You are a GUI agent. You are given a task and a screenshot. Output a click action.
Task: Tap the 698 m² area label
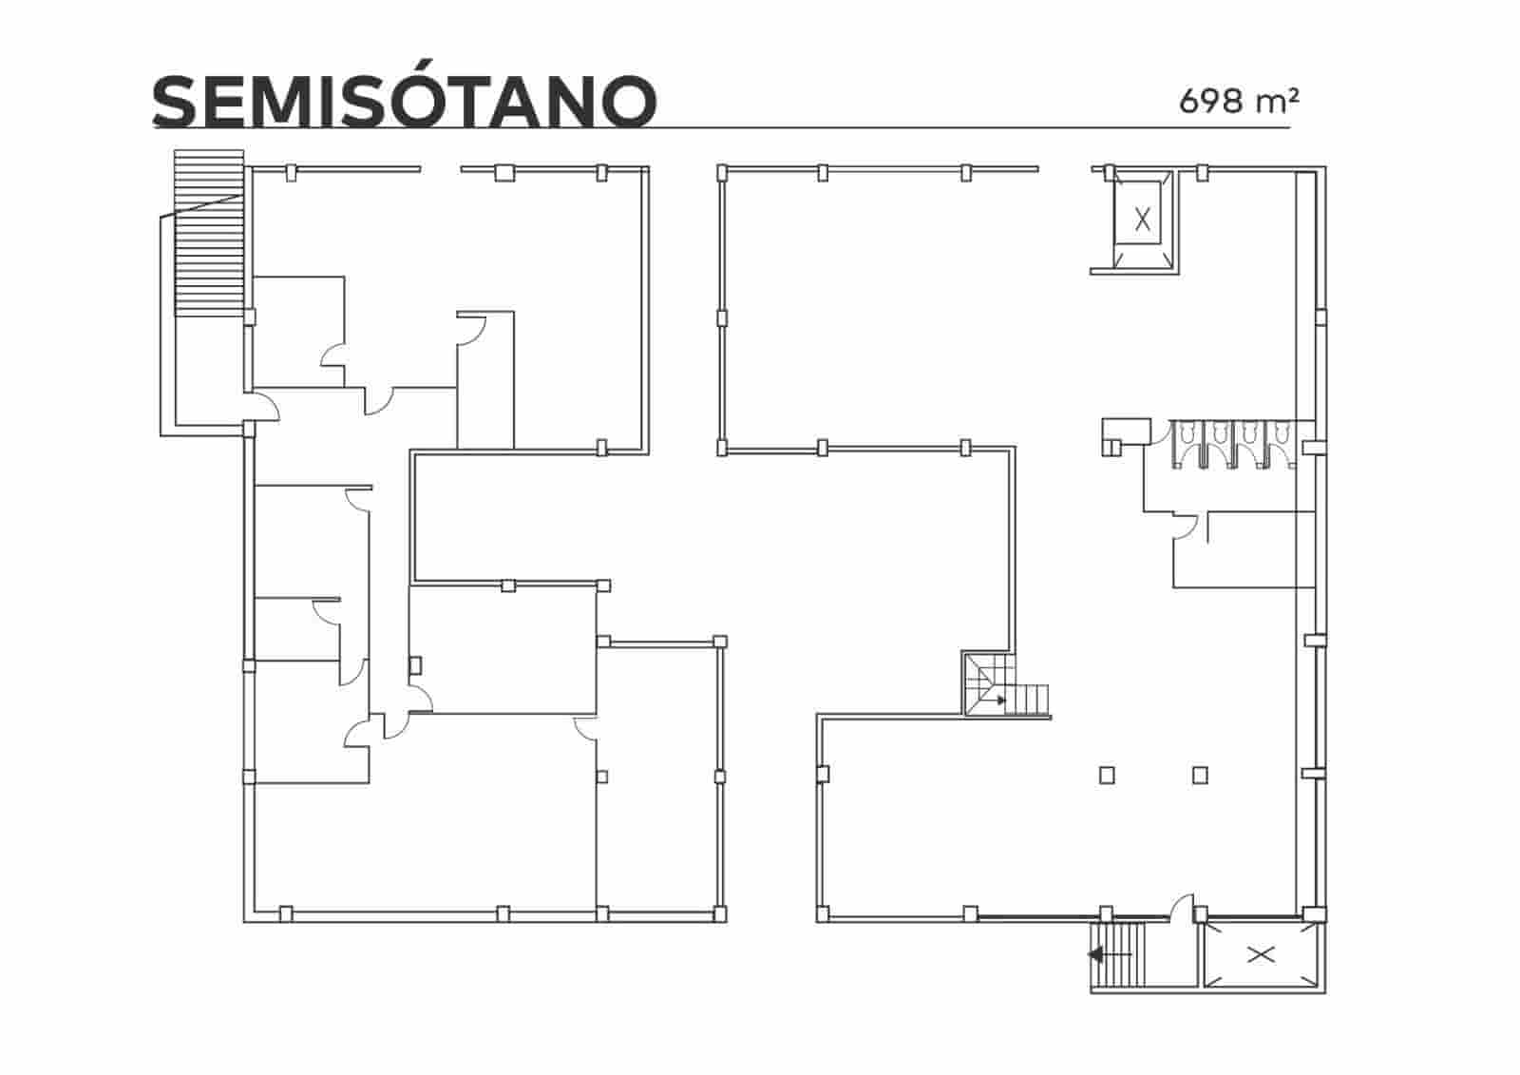pos(1239,99)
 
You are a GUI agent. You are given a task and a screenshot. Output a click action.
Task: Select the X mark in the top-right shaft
pos(1143,220)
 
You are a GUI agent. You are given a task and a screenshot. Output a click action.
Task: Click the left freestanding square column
pos(1106,775)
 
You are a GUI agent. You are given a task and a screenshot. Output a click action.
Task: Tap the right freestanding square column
pos(1200,775)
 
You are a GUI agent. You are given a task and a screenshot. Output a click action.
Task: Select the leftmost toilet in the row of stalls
pos(1187,434)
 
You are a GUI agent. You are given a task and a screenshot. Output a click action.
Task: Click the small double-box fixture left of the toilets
pos(1126,435)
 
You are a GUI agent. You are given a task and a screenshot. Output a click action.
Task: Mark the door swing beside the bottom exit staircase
pos(1182,908)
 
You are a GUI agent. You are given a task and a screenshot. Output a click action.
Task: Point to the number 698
pos(1211,100)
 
